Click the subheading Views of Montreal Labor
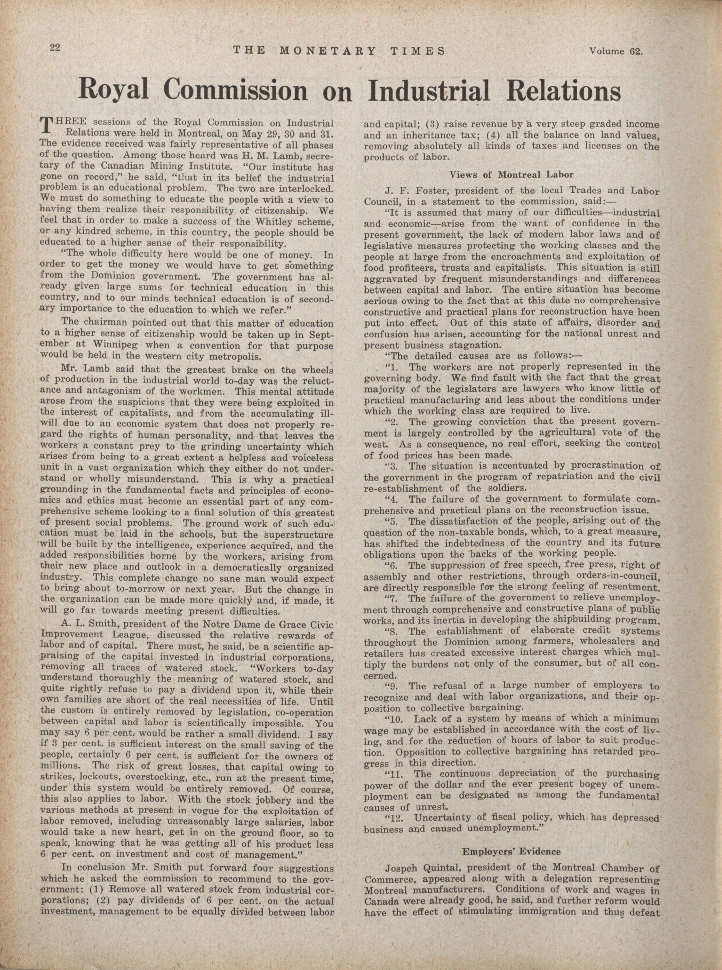(511, 174)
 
